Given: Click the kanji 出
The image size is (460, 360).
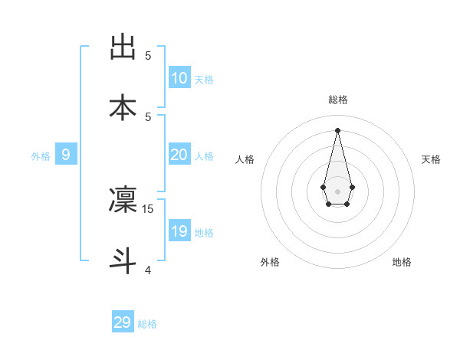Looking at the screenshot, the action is pos(123,47).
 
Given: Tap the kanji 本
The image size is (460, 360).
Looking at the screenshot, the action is pos(123,107).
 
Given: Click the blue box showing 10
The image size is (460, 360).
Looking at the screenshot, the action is pos(179,77).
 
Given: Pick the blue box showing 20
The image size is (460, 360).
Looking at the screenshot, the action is pos(179,155).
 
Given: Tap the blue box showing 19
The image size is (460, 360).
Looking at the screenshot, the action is pos(179,231).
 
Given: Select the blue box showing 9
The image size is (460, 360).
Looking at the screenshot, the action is pos(66,155).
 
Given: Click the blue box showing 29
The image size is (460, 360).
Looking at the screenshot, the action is pos(123,322).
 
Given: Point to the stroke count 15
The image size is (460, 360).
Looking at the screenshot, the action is pos(149,208).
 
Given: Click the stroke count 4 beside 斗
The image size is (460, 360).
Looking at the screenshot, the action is pos(148,270).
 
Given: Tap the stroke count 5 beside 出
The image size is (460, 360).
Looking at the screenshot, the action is pos(148,55).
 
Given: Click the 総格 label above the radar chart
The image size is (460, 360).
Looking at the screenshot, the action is pos(338,100).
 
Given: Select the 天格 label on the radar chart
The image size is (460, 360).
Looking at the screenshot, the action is pos(431,159).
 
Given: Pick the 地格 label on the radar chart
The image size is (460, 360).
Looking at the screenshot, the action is pos(402,262).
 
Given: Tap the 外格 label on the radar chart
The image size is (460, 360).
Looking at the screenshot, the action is pos(270,262).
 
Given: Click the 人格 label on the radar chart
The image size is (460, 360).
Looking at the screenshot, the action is pos(245,159).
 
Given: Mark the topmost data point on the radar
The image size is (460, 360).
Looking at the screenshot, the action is pos(337,129).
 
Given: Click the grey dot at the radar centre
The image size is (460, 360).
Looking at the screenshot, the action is pos(337,191).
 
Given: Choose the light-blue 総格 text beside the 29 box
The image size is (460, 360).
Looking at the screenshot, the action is pos(147,324).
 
